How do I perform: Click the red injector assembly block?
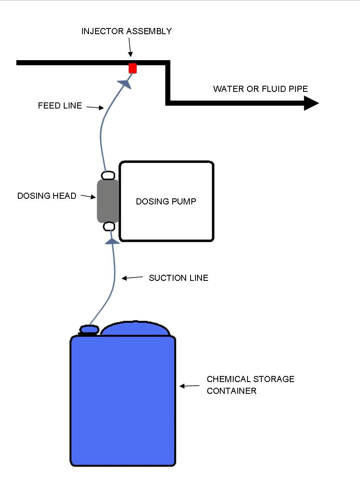pos(132,68)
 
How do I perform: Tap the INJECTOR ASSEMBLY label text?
pos(126,31)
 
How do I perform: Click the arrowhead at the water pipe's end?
pos(311,103)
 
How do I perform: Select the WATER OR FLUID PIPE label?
pos(260,89)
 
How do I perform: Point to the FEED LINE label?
pos(60,106)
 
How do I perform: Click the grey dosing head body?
pos(108,201)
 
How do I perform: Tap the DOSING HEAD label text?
pos(47,196)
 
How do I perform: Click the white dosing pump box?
pos(166,202)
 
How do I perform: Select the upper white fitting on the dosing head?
pos(108,176)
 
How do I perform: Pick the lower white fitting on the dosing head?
pos(110,226)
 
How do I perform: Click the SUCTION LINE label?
pos(178,278)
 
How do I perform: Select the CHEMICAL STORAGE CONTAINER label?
pos(250,385)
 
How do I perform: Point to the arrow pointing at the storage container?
pos(189,386)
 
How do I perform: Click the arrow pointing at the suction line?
pos(132,278)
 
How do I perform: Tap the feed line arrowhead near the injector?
pos(125,83)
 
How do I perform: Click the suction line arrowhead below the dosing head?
pos(112,241)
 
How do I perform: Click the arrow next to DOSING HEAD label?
pos(88,197)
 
